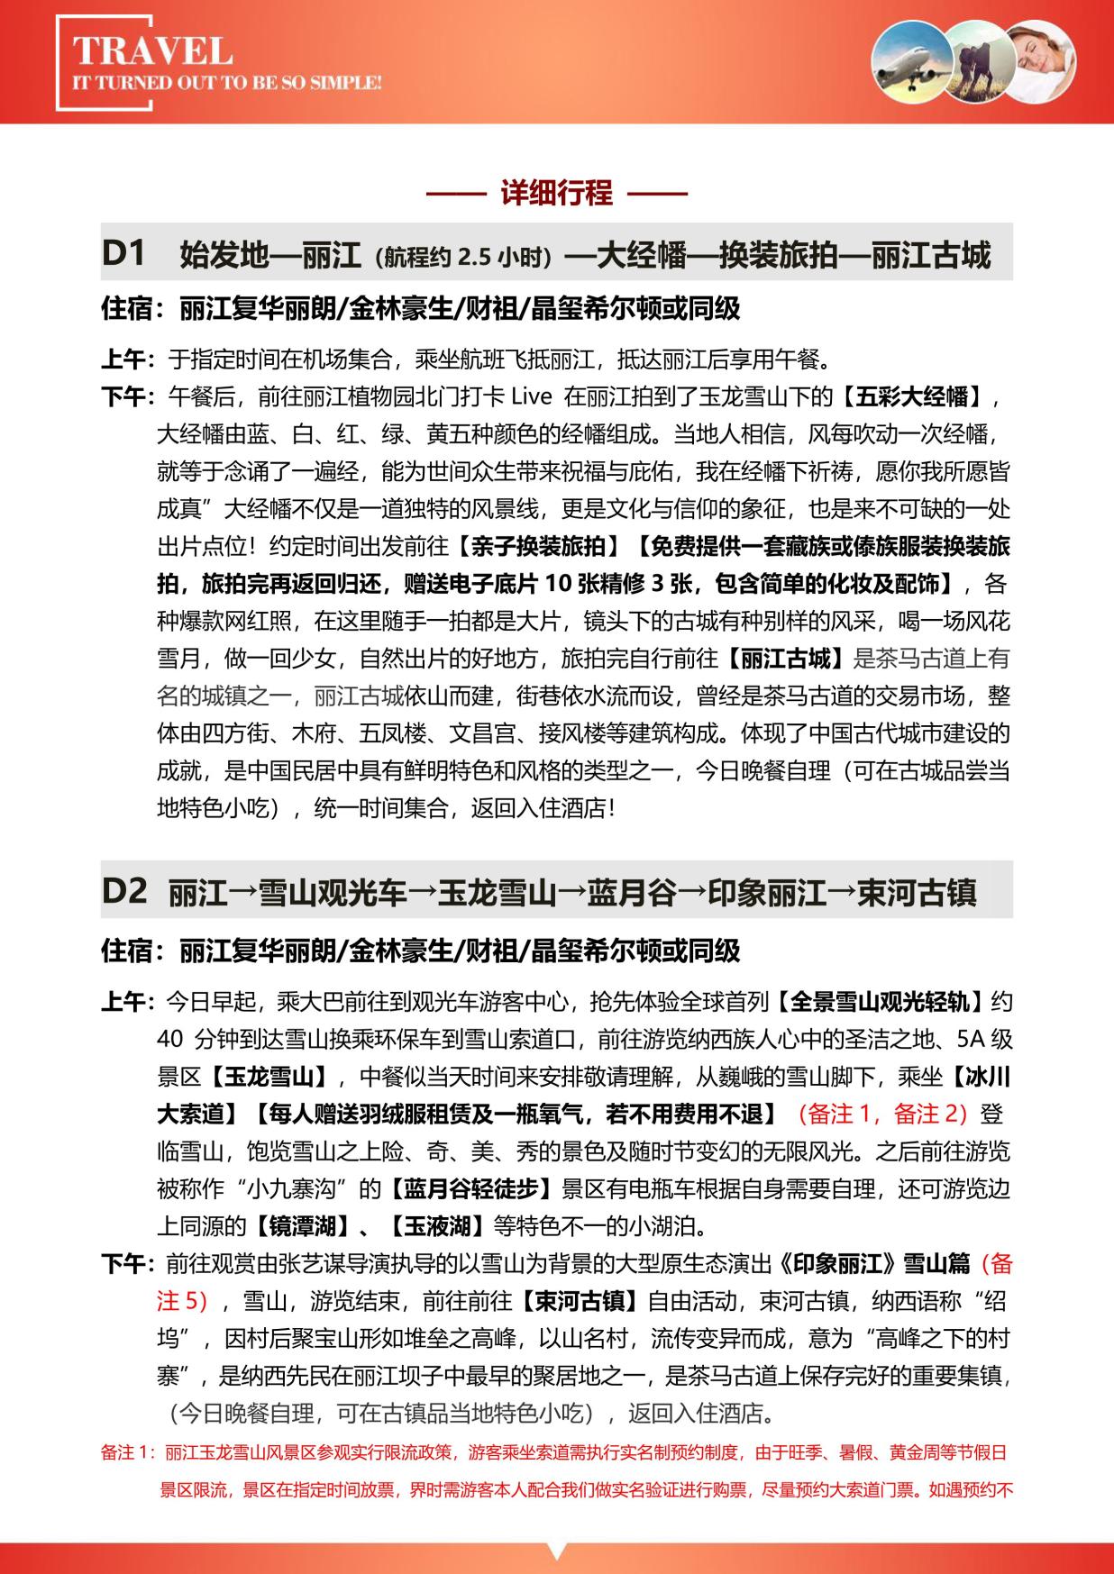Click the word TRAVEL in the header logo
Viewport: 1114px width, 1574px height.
coord(151,50)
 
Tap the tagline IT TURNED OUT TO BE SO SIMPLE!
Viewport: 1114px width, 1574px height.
coord(226,83)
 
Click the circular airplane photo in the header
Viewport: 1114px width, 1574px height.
coord(912,60)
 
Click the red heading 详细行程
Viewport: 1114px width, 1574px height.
coord(556,193)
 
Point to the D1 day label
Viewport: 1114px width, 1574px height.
coord(123,254)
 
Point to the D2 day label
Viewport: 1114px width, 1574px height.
coord(124,891)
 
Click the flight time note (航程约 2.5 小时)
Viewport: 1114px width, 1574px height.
coord(462,257)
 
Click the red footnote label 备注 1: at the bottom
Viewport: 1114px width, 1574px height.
coord(130,1452)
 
